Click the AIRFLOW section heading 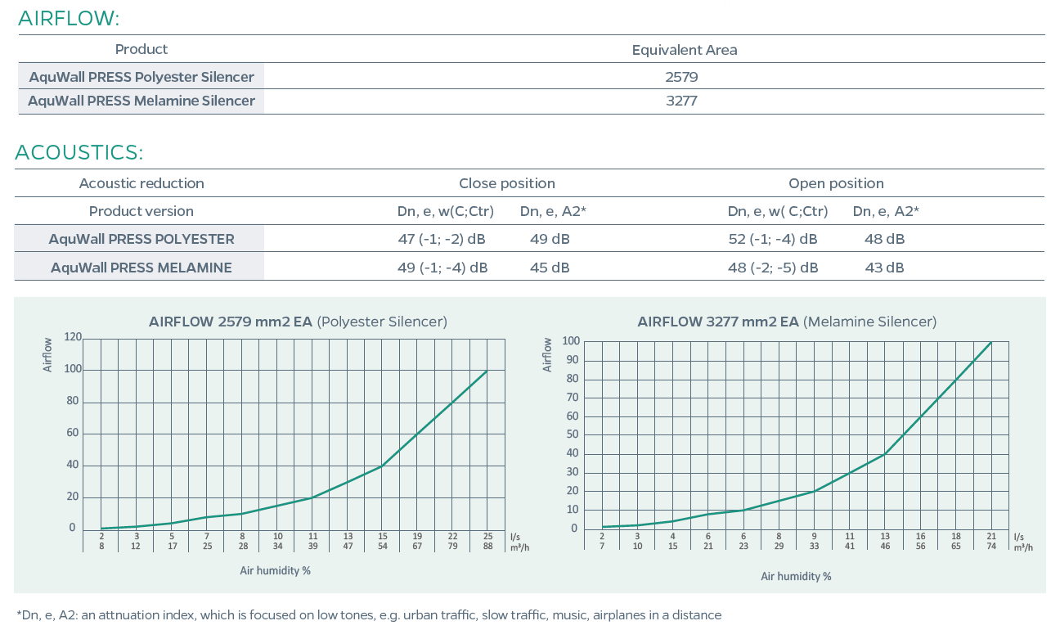click(69, 18)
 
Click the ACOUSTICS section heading click(79, 152)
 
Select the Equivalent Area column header click(684, 50)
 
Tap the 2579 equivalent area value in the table click(681, 77)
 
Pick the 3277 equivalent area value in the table click(681, 101)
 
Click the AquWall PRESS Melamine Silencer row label click(141, 101)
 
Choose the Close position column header click(506, 183)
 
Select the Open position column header click(836, 183)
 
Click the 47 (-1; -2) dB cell click(442, 240)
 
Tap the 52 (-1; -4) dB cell click(772, 240)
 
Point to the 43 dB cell click(884, 268)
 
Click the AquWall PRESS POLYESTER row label click(141, 240)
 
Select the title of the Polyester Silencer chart click(298, 322)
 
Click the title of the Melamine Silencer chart click(787, 322)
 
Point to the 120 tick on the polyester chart click(73, 337)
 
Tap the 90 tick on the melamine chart click(571, 360)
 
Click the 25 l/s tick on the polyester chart click(487, 537)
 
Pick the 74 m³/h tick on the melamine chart click(991, 545)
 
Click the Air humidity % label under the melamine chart click(796, 576)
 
